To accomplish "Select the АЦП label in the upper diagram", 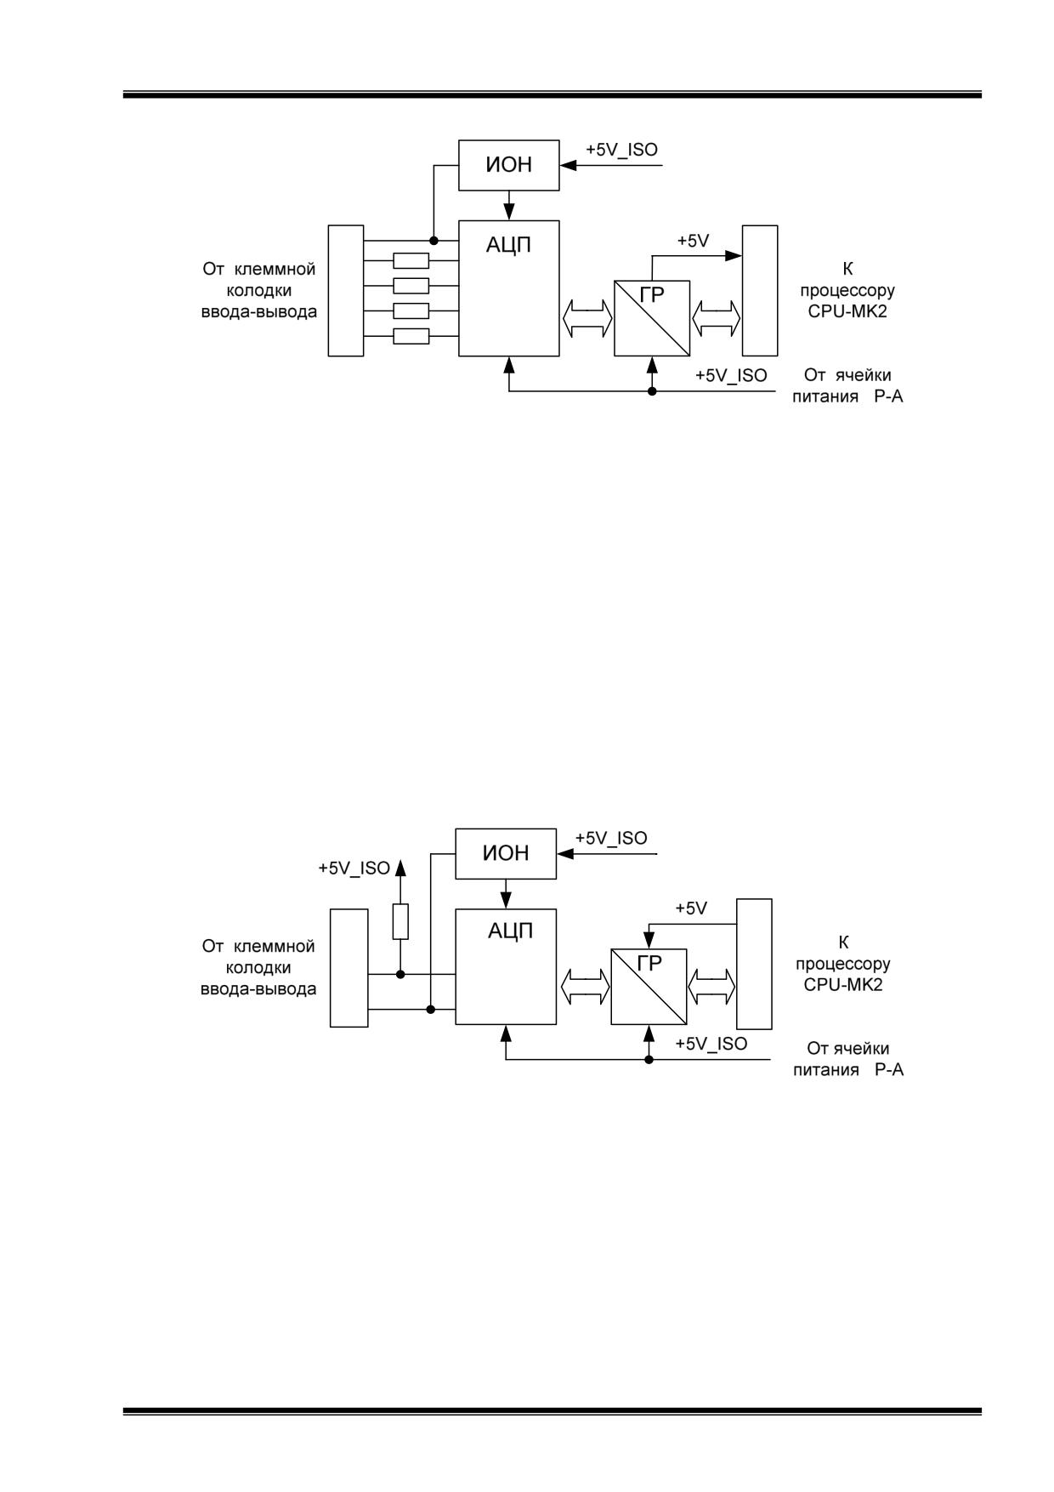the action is pyautogui.click(x=509, y=246).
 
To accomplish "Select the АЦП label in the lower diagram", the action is pyautogui.click(x=510, y=931).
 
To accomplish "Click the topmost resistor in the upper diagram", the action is pyautogui.click(x=411, y=261).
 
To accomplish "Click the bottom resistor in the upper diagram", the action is pyautogui.click(x=411, y=336).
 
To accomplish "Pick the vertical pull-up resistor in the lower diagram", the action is pyautogui.click(x=400, y=921).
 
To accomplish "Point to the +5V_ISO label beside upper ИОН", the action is pyautogui.click(x=621, y=150).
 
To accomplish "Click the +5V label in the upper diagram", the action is pyautogui.click(x=693, y=241).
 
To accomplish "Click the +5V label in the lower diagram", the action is pyautogui.click(x=691, y=908).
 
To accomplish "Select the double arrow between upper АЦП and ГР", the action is pyautogui.click(x=586, y=318).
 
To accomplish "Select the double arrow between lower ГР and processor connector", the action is pyautogui.click(x=711, y=987).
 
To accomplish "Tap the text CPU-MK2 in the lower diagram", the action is pyautogui.click(x=843, y=985).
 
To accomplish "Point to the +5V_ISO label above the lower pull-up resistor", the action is pyautogui.click(x=354, y=868).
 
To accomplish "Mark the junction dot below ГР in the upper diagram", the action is pyautogui.click(x=652, y=391).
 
